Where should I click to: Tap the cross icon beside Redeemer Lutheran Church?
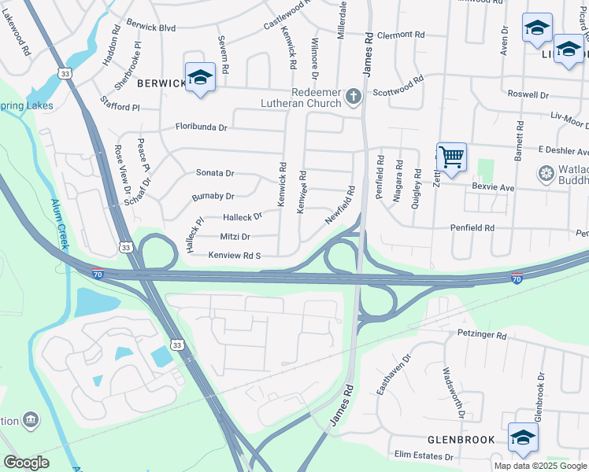pyautogui.click(x=354, y=98)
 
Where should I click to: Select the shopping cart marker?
pyautogui.click(x=451, y=156)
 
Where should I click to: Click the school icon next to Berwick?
pyautogui.click(x=200, y=77)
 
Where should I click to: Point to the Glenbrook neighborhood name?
pyautogui.click(x=461, y=440)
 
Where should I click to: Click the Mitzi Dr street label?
pyautogui.click(x=235, y=236)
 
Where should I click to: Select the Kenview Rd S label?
pyautogui.click(x=234, y=256)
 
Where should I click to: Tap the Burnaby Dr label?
pyautogui.click(x=213, y=196)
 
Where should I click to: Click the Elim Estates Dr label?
pyautogui.click(x=424, y=455)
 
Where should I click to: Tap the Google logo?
pyautogui.click(x=26, y=463)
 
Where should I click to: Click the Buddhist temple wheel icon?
pyautogui.click(x=545, y=173)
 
